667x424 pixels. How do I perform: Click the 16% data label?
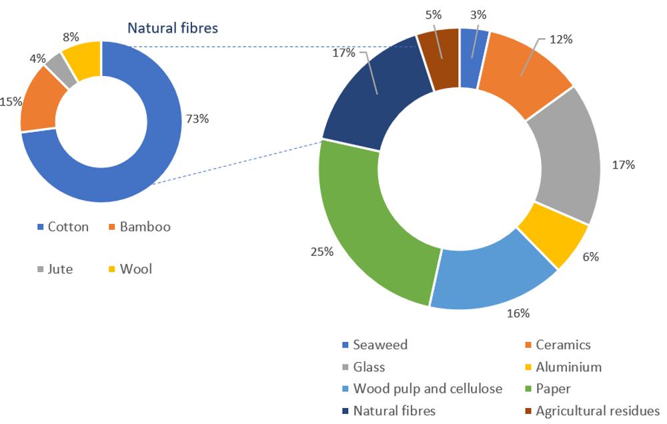518,313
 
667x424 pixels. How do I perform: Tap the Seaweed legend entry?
380,345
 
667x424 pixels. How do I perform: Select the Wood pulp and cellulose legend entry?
426,388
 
